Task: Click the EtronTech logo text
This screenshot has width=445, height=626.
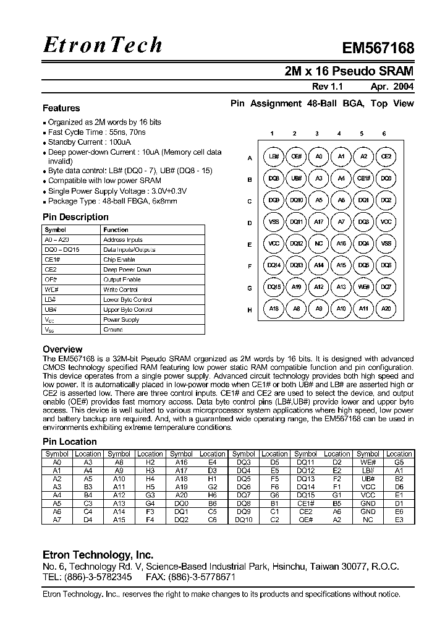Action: (x=103, y=45)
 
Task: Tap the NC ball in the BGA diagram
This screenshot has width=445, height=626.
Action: (x=319, y=244)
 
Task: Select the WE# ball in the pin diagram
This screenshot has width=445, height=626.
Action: (x=363, y=287)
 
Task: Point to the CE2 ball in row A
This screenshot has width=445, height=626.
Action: (x=386, y=157)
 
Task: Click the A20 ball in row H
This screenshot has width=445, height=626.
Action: (x=386, y=309)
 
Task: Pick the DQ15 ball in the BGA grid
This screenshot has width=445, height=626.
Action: (x=274, y=287)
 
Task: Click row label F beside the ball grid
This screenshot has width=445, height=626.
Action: (x=250, y=266)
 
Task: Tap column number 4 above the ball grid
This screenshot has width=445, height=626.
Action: (x=339, y=134)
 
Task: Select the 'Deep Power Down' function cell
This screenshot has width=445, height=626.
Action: (x=127, y=270)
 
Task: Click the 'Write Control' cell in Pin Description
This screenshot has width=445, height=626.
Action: (x=121, y=289)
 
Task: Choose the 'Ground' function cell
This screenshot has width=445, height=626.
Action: (x=113, y=330)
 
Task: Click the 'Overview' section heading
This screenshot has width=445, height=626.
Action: (x=62, y=349)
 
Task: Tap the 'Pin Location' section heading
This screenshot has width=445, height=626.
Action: (x=69, y=442)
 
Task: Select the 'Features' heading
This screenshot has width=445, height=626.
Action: (x=61, y=108)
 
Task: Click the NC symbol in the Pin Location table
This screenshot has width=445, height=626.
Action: (x=368, y=520)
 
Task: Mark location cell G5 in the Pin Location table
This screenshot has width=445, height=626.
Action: (x=399, y=462)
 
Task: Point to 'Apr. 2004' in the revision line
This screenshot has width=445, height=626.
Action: (x=392, y=87)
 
